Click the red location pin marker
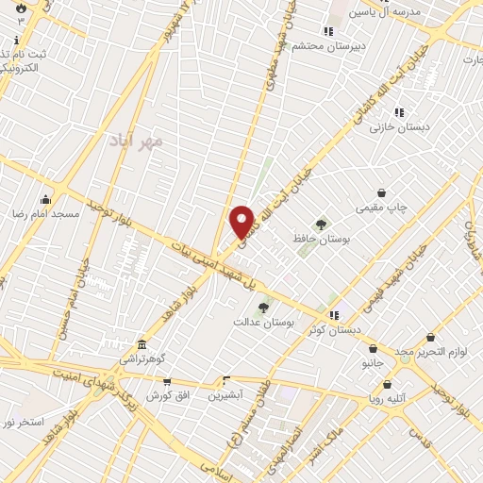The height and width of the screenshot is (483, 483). click(242, 222)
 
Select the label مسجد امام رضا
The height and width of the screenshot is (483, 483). click(46, 215)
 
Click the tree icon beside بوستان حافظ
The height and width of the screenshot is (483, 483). click(322, 225)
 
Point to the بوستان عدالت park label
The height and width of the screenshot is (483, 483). click(264, 321)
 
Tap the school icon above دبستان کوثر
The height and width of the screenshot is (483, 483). click(332, 314)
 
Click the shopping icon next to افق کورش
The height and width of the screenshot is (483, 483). click(167, 381)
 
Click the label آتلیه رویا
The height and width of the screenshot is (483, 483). click(389, 399)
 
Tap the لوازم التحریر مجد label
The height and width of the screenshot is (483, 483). click(419, 351)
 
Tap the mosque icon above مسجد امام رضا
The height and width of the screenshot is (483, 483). click(46, 199)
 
